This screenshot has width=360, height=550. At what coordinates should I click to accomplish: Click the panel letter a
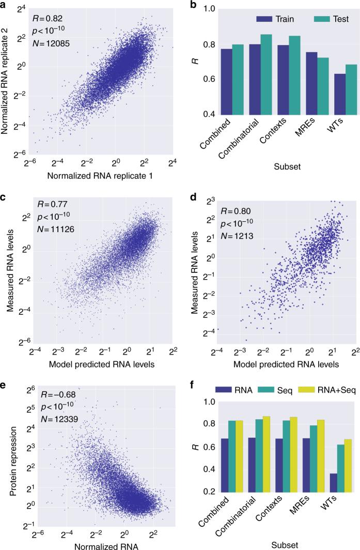4,4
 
